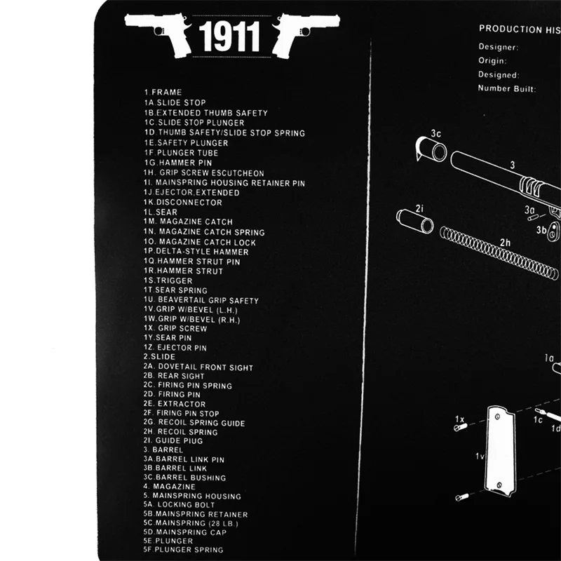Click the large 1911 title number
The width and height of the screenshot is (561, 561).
[x=229, y=36]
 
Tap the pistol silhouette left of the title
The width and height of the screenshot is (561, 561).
[x=159, y=34]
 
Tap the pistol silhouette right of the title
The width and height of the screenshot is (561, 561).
[x=305, y=34]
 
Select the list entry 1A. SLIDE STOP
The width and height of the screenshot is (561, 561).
[x=175, y=102]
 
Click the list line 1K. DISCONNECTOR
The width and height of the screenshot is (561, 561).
[x=183, y=203]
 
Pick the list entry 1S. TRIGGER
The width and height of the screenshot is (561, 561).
[x=168, y=281]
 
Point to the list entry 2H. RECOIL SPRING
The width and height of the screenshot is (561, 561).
[x=180, y=432]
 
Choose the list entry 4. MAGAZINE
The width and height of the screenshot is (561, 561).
[x=169, y=487]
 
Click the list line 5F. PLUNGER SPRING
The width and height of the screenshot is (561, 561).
[x=183, y=550]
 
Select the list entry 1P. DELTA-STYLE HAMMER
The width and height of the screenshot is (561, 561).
[x=196, y=252]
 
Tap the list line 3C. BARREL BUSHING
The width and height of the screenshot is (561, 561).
[x=184, y=478]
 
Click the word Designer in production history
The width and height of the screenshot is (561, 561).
[x=499, y=47]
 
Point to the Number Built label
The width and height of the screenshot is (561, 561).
[x=507, y=88]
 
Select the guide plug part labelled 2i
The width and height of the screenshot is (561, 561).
[x=415, y=222]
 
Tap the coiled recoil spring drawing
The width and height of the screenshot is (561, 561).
[x=499, y=253]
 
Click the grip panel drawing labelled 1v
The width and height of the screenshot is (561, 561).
[x=500, y=451]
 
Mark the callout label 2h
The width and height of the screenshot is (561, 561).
[x=505, y=243]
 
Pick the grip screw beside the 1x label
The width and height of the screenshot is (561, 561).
[x=461, y=427]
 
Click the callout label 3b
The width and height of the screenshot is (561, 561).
[x=541, y=230]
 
